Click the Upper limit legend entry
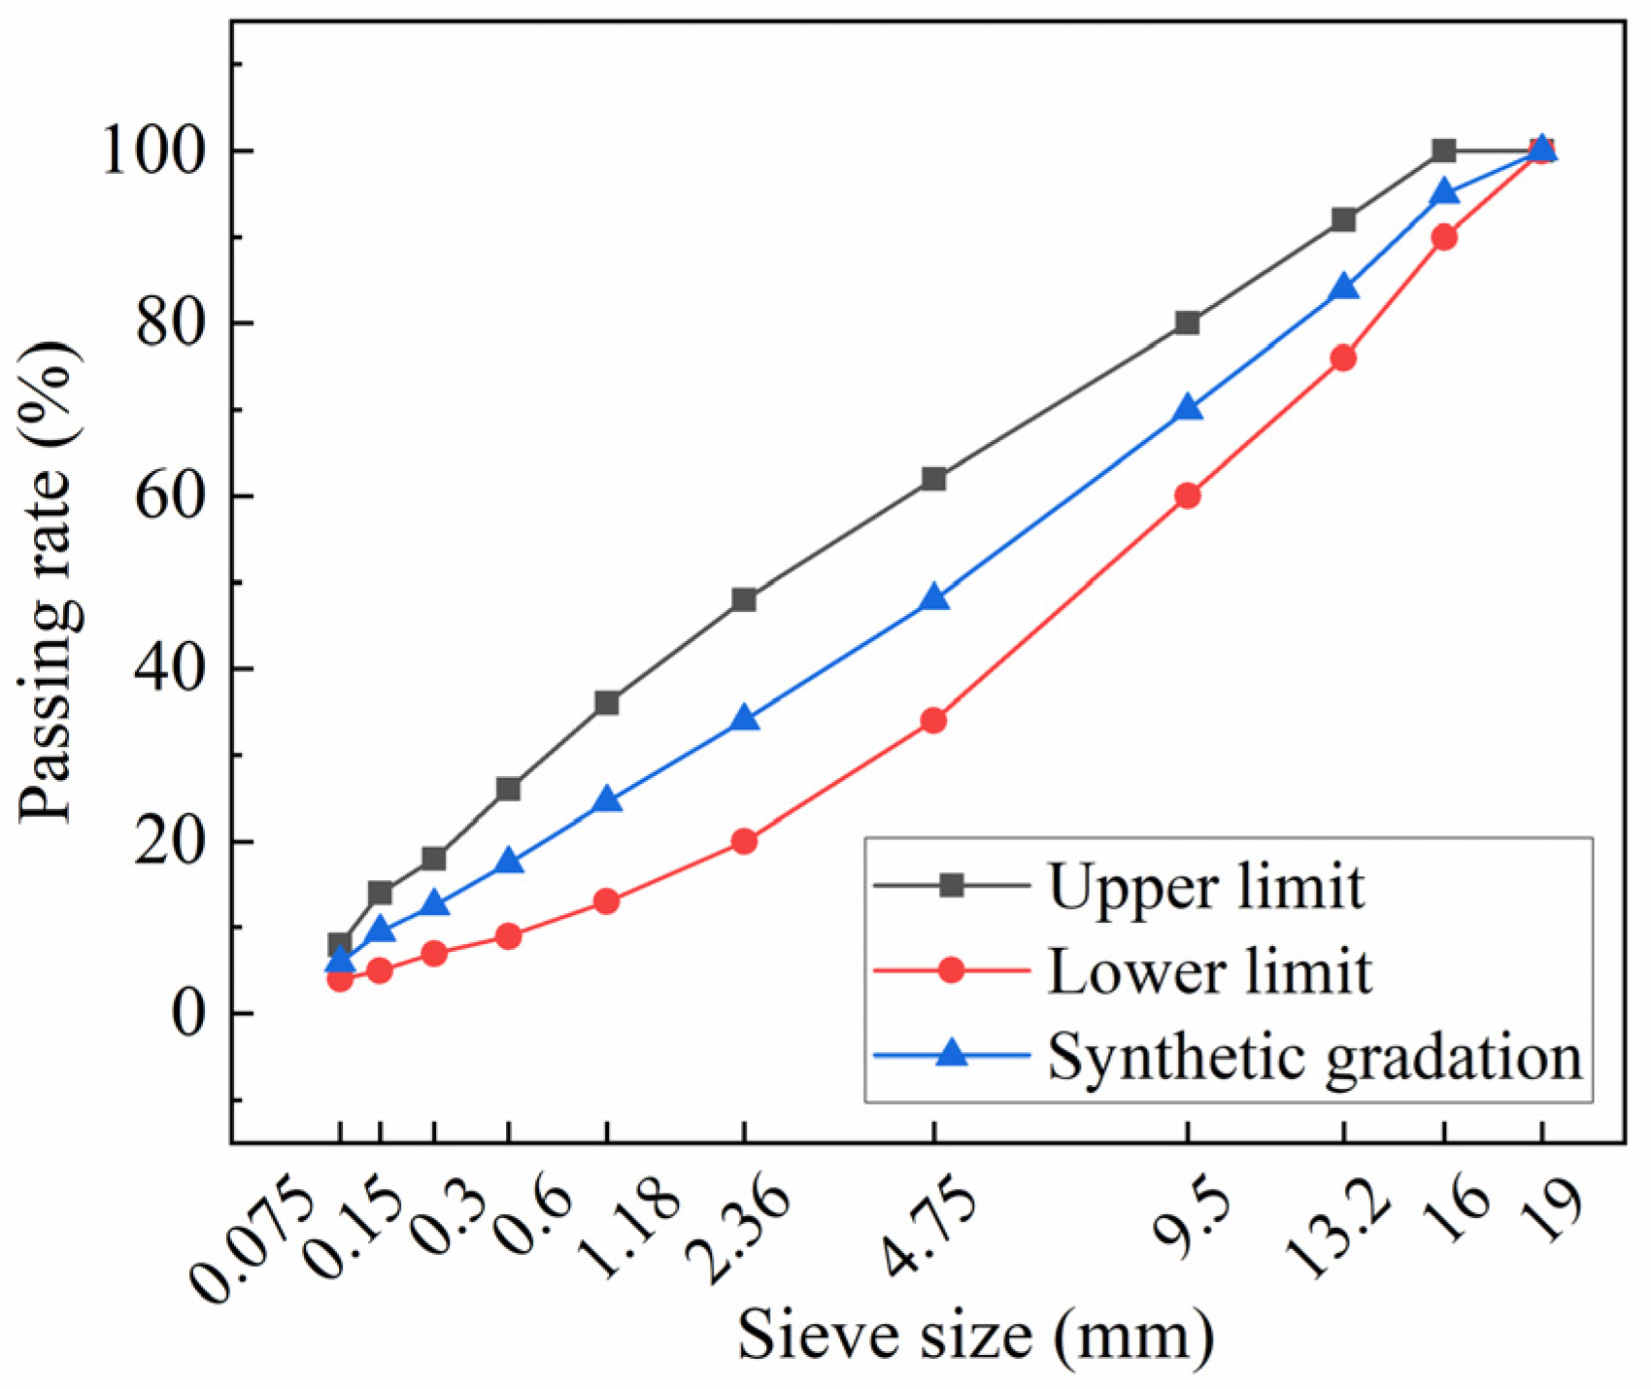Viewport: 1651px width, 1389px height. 1205,886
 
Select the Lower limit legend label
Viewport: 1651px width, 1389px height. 1209,970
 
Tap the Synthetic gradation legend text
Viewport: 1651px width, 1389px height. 1314,1056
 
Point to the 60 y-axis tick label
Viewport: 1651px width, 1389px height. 181,496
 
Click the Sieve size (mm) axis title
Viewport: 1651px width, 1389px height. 975,1336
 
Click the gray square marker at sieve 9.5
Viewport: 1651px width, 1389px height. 1187,322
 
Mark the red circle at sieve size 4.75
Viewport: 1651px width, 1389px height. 933,721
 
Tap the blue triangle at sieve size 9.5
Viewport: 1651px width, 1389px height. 1188,409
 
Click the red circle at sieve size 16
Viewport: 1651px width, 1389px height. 1444,237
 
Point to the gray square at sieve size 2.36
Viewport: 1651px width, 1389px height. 744,599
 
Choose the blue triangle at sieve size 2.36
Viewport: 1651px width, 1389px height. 745,719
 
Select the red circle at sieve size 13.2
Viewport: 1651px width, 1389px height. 1343,358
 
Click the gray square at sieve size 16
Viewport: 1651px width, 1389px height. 1444,151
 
